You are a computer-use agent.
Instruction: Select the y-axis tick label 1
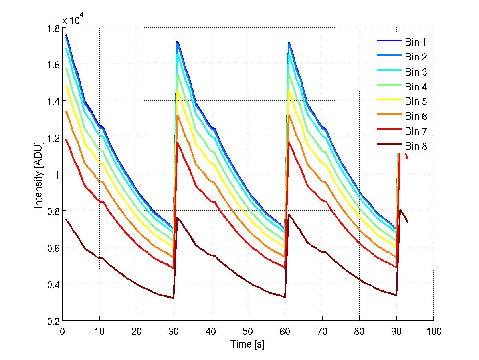click(x=57, y=175)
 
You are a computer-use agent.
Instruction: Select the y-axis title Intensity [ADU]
click(x=38, y=175)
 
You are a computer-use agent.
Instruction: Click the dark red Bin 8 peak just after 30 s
click(x=177, y=218)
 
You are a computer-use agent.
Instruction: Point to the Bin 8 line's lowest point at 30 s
click(x=174, y=298)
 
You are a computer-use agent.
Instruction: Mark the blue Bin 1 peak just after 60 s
click(x=289, y=42)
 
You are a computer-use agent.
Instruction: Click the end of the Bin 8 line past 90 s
click(x=408, y=222)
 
